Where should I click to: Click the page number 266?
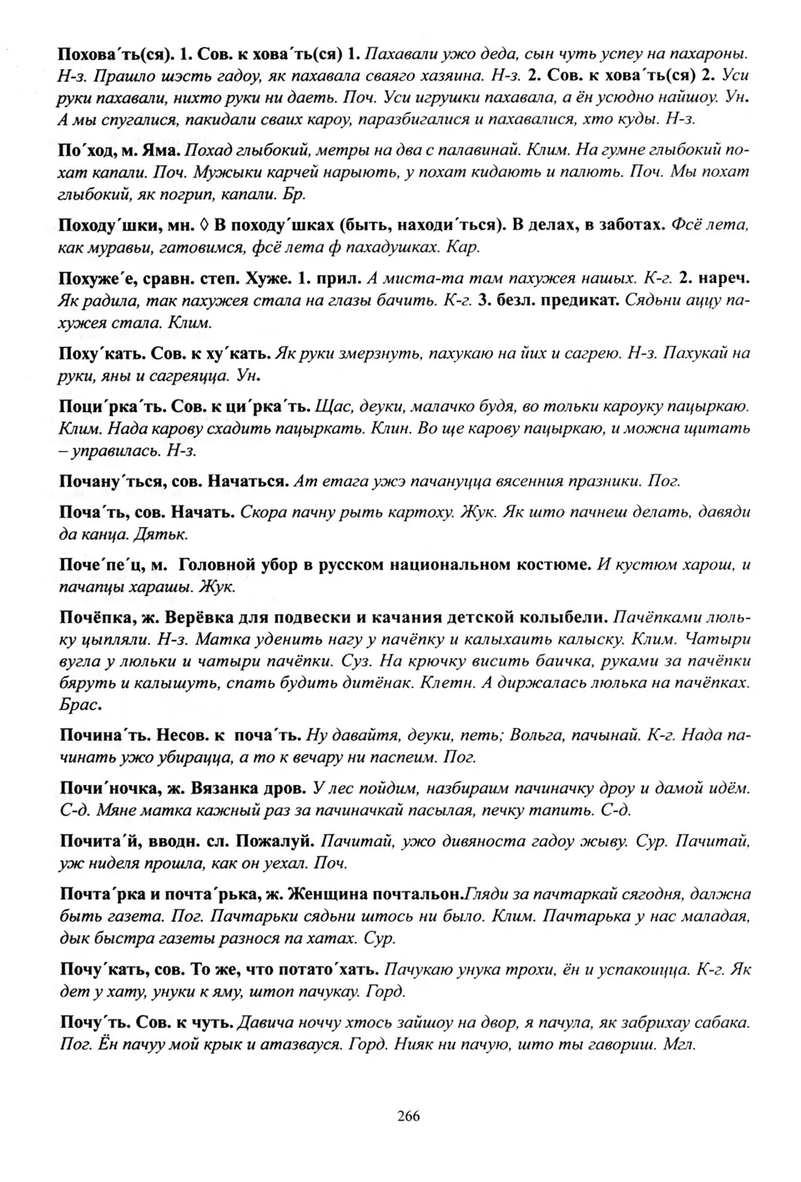408,1116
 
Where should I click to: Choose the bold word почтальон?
412,894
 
